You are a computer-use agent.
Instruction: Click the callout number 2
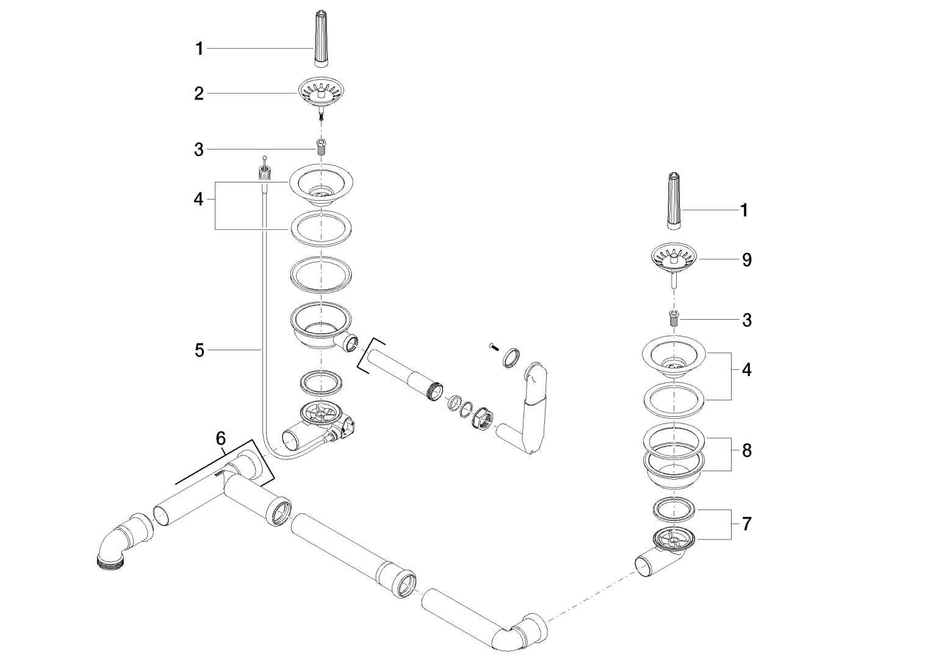pos(199,94)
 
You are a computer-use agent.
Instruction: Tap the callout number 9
pos(747,260)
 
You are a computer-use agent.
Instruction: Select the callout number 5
pos(199,350)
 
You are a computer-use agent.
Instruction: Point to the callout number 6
pos(221,438)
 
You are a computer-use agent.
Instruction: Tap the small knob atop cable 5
pos(265,170)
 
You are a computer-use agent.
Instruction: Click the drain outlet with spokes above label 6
pos(319,415)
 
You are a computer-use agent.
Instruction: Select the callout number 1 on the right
pos(744,211)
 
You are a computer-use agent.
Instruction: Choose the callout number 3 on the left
pos(199,149)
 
